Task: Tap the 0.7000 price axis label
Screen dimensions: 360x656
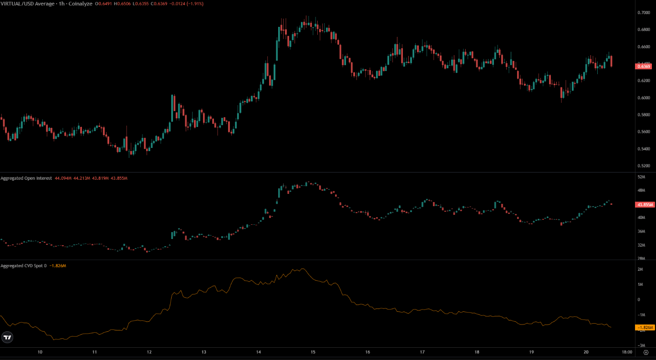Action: (644, 13)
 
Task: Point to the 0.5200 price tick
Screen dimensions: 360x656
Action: (644, 166)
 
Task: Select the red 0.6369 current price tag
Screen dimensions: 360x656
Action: (644, 66)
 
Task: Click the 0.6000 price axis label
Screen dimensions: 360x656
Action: (644, 98)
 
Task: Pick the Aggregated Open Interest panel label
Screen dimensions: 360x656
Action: (26, 178)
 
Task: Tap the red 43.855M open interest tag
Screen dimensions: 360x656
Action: (644, 204)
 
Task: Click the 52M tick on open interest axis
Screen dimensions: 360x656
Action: (641, 177)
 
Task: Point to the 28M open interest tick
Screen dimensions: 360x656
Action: (641, 259)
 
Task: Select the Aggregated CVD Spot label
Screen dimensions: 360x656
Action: (23, 265)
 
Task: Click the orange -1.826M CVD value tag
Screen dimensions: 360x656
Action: (645, 327)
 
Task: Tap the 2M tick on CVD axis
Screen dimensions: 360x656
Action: (640, 269)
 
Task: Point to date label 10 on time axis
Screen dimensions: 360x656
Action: (40, 352)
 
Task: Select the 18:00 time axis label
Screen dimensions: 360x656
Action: (627, 352)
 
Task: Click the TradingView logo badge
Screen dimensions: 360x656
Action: (7, 337)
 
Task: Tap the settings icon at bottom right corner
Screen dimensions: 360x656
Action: (646, 352)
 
